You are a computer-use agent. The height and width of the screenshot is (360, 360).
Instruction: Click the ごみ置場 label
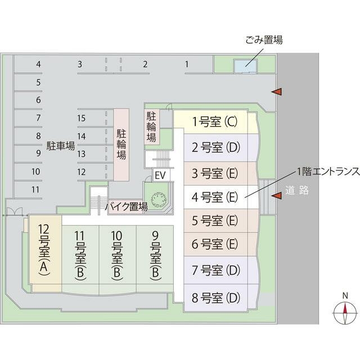[263, 40]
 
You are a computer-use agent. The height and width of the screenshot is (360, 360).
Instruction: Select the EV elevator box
[160, 175]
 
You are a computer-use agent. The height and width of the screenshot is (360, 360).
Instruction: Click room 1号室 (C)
[216, 121]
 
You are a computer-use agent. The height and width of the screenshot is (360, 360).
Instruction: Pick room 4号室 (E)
[216, 197]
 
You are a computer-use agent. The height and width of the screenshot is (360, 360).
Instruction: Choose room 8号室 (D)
[216, 297]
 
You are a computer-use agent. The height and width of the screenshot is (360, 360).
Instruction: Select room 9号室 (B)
[155, 256]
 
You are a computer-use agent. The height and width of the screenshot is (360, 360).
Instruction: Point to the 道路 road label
[297, 190]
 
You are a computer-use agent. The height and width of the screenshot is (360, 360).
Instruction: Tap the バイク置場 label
[127, 207]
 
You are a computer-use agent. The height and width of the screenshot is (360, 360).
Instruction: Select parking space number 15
[82, 118]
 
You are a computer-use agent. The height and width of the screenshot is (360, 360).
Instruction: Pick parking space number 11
[35, 190]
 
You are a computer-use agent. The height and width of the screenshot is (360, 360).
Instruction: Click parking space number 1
[187, 64]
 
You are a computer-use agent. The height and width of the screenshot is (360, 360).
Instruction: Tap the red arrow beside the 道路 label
[276, 195]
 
